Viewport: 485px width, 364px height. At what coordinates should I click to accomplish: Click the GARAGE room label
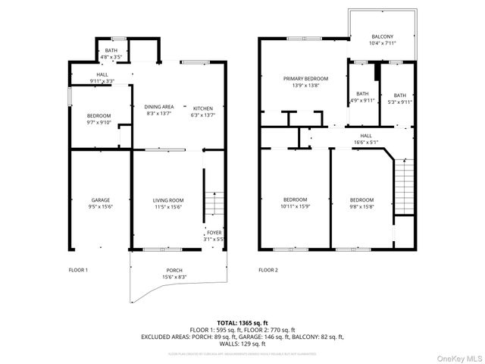(100, 200)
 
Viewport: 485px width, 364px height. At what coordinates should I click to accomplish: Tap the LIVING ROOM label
(169, 200)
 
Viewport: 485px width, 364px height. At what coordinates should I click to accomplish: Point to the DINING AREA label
(158, 107)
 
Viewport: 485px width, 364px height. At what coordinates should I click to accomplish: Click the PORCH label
(175, 271)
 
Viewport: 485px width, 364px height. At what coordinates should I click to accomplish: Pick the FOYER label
(214, 233)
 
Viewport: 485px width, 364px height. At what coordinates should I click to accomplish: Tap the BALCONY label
(382, 36)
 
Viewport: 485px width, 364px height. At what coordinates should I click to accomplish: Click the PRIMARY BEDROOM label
(305, 79)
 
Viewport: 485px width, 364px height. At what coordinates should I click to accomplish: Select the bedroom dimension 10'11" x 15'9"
(296, 206)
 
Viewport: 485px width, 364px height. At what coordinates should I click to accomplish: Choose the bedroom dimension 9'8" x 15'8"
(361, 206)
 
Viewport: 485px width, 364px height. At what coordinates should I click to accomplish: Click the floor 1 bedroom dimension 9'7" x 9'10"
(99, 123)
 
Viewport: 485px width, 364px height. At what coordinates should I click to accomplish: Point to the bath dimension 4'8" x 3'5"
(111, 56)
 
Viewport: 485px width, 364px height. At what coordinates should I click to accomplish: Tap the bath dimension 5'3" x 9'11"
(399, 102)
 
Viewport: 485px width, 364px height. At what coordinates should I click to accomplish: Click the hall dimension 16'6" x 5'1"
(365, 143)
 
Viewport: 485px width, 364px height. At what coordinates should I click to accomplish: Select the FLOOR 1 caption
(79, 270)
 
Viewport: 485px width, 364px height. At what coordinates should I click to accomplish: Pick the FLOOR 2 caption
(268, 270)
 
